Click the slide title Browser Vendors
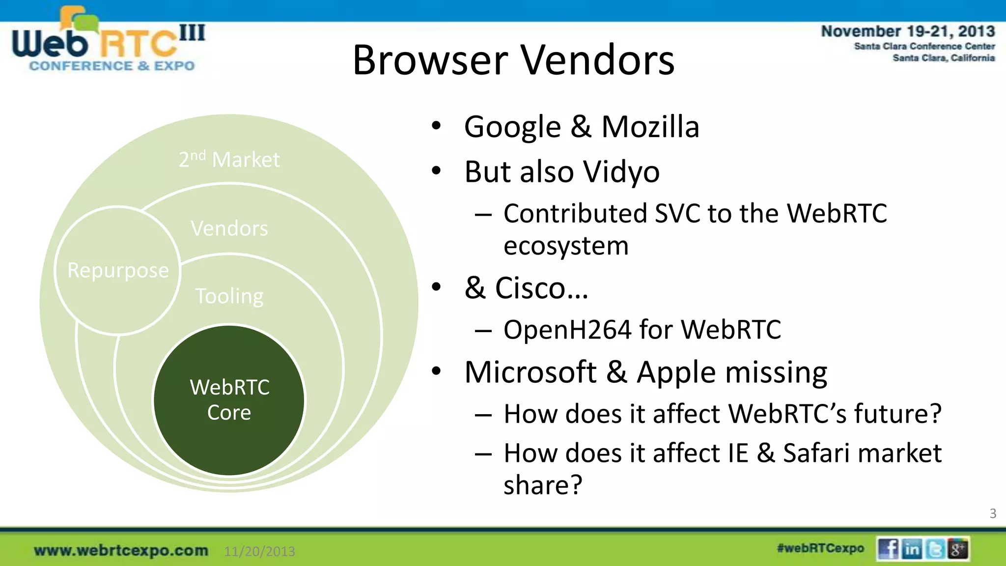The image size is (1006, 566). [x=513, y=60]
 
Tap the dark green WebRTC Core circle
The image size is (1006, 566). [x=229, y=399]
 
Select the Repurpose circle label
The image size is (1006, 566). [x=118, y=270]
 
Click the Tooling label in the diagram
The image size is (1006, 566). [x=229, y=296]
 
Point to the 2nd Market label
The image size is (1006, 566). [x=229, y=159]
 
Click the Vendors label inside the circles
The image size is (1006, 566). [x=229, y=228]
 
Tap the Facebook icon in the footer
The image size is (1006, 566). [x=888, y=549]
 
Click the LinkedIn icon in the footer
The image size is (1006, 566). [x=912, y=549]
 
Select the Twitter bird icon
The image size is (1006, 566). [x=935, y=549]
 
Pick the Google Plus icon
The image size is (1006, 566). [x=958, y=549]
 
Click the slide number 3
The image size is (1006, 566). [x=993, y=513]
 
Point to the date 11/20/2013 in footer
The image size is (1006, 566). [x=259, y=551]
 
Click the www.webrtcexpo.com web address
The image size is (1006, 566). [x=121, y=550]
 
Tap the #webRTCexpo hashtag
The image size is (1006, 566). [x=820, y=548]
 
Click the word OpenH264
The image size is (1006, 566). [x=567, y=330]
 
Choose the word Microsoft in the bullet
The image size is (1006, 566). [x=531, y=372]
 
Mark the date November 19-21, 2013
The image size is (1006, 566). [x=908, y=31]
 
